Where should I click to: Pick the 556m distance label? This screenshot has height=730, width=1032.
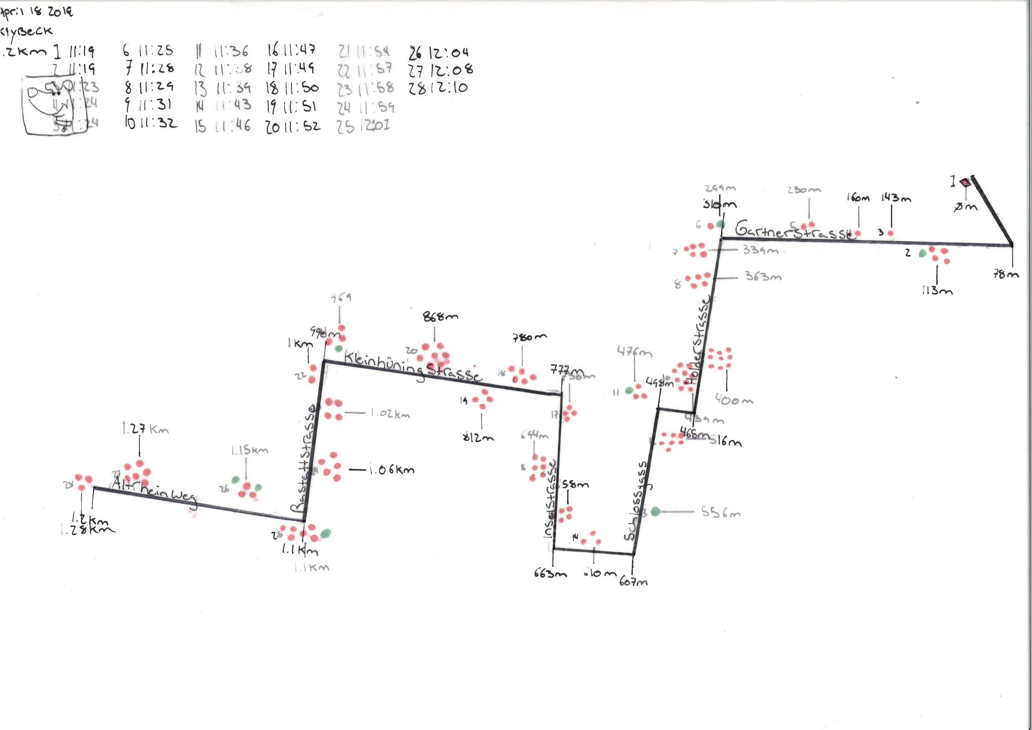coord(720,512)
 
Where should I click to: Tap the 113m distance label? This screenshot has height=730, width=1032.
coord(937,291)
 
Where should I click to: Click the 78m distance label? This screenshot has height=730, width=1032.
coord(1006,274)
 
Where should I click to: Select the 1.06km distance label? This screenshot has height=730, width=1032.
coord(392,470)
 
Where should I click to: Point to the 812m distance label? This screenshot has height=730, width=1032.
coord(478,437)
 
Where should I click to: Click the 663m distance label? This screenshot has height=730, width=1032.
coord(550,574)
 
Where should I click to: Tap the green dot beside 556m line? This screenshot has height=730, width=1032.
coord(655,511)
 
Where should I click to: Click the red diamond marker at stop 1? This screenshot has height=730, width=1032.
coord(965,182)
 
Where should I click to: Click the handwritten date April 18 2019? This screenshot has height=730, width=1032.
coord(36,12)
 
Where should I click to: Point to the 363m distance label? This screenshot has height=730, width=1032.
coord(763,276)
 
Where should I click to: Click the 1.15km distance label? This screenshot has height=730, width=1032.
coord(249,450)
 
